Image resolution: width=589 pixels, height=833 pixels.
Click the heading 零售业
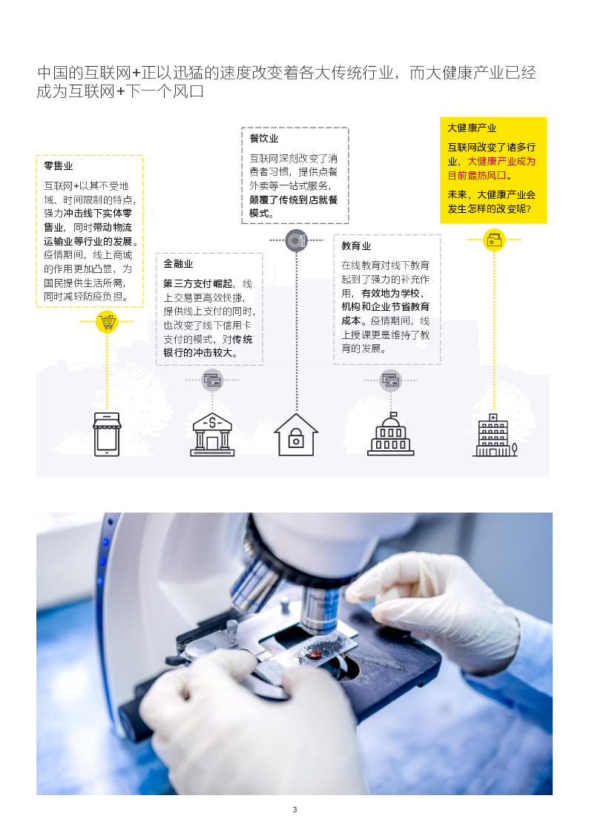point(59,165)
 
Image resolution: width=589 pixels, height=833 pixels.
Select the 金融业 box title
point(178,263)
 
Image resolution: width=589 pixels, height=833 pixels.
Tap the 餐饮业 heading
point(264,138)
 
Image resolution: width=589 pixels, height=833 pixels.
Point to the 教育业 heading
point(356,246)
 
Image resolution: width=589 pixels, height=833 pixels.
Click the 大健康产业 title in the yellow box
point(472,128)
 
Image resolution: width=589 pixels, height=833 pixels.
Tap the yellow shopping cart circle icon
point(107,322)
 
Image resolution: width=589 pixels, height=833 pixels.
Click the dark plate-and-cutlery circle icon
point(297,240)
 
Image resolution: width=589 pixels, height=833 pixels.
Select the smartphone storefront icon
point(107,434)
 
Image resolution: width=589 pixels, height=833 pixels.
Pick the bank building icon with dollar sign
point(212,435)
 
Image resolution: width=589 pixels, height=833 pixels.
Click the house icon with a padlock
point(296,435)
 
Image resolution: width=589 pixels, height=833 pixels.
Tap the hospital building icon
point(495,435)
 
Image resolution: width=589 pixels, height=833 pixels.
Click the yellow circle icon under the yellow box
point(494,240)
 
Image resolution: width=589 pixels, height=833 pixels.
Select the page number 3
point(294,809)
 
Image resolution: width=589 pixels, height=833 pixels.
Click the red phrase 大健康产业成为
point(501,161)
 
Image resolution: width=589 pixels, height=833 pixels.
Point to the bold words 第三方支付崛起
point(197,283)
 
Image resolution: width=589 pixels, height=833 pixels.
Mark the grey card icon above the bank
point(212,381)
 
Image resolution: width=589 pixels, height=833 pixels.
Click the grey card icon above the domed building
point(391,381)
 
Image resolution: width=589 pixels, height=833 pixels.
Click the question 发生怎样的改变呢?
point(489,208)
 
